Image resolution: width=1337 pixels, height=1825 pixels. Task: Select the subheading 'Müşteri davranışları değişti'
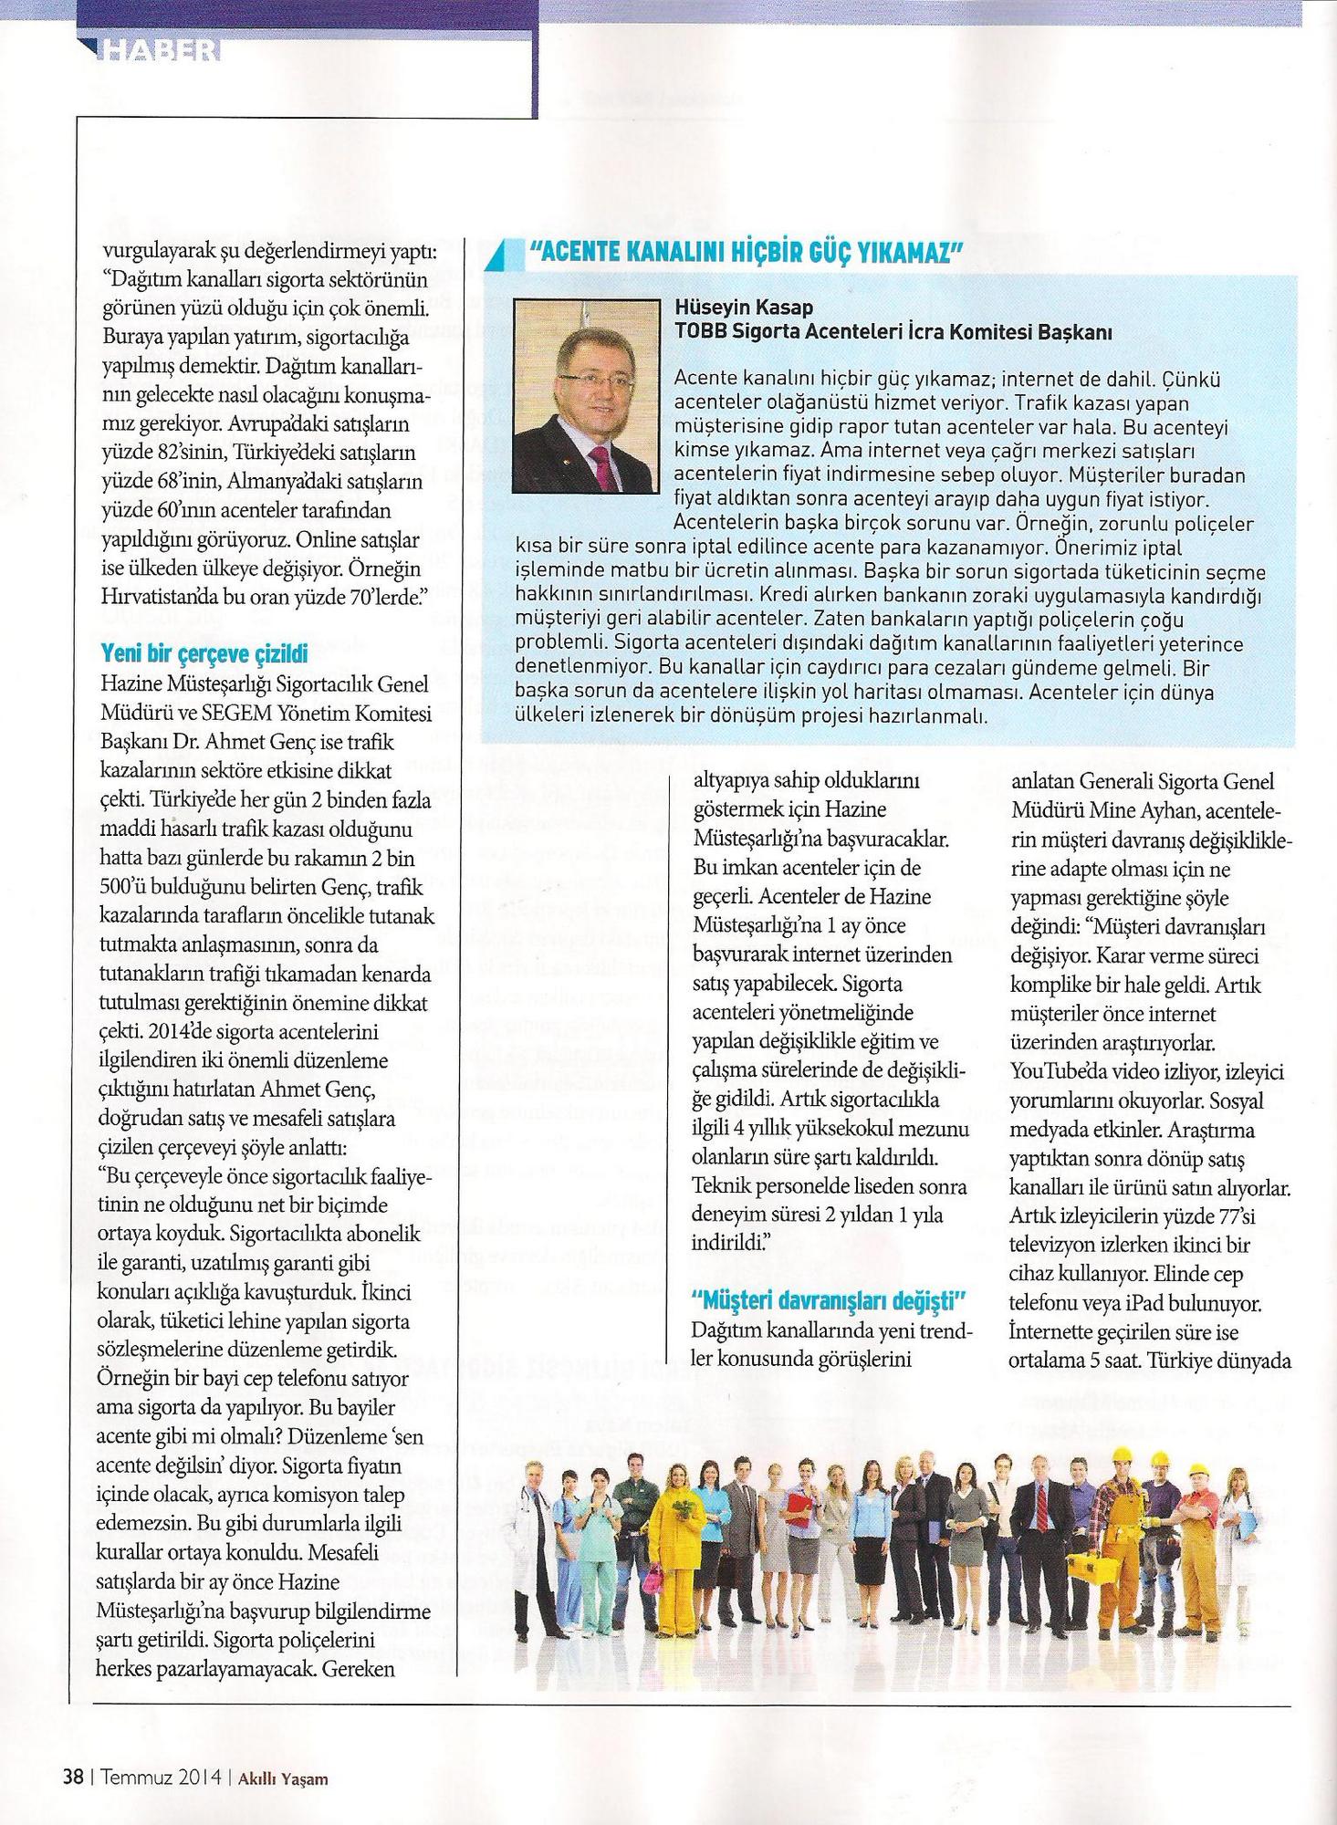click(x=830, y=1298)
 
